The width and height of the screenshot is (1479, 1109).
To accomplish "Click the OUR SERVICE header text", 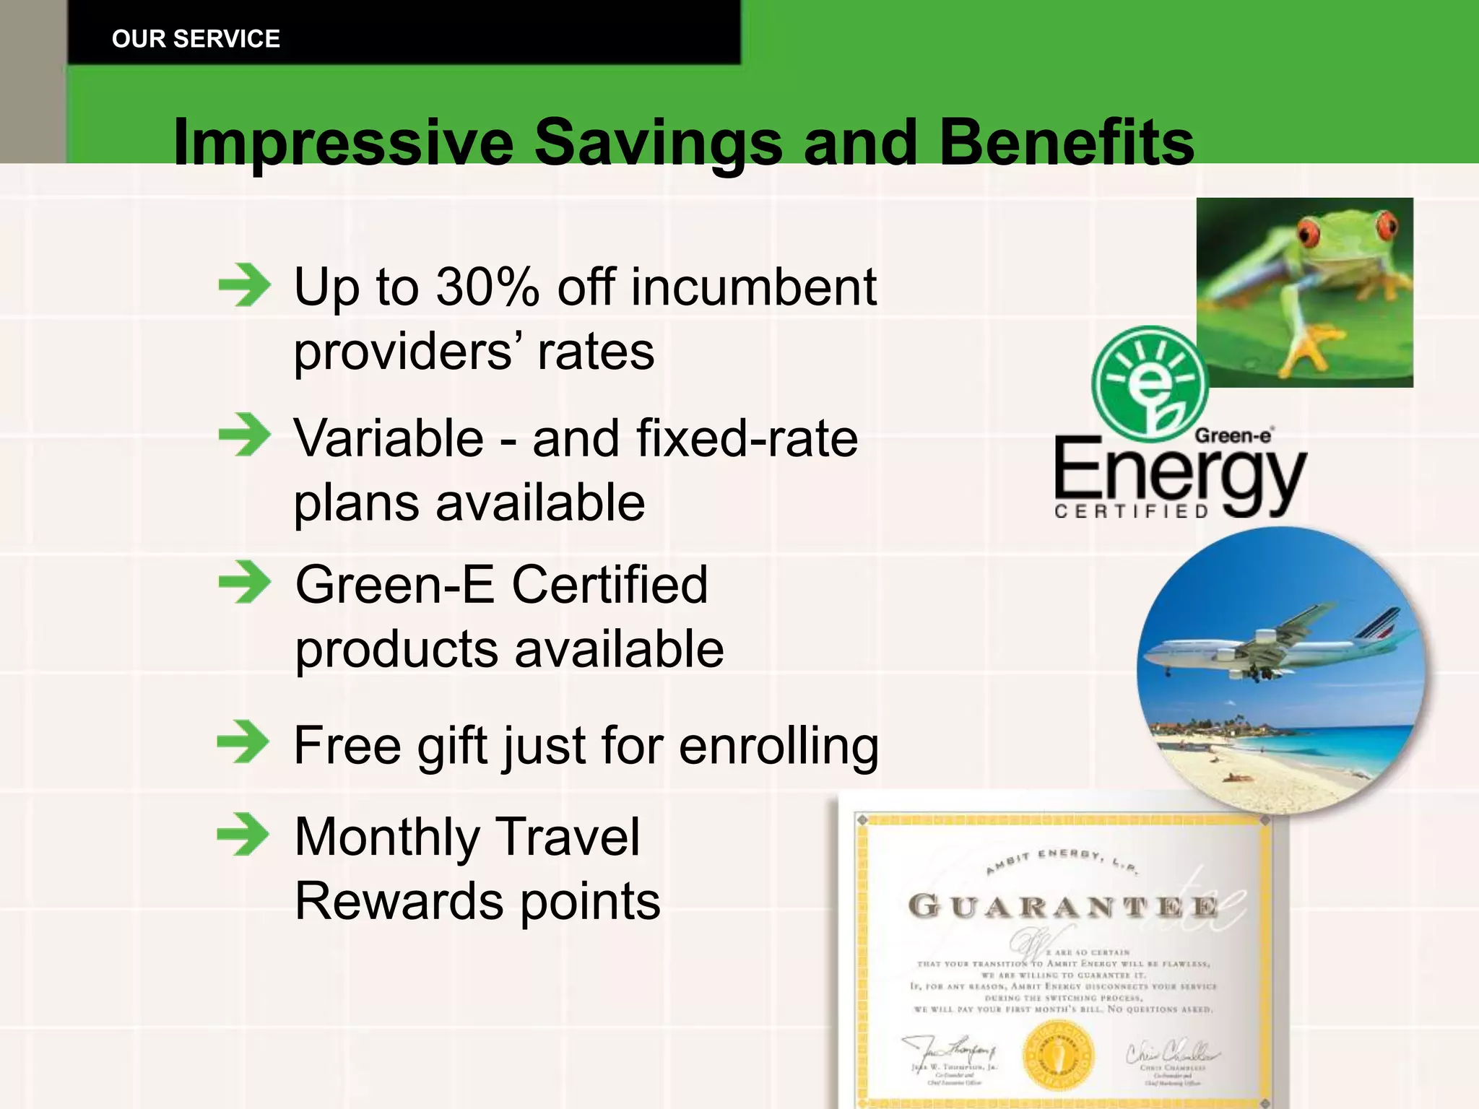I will (x=196, y=39).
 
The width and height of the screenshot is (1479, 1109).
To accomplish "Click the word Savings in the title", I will (x=658, y=142).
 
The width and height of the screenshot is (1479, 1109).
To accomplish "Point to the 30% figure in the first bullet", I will (x=487, y=287).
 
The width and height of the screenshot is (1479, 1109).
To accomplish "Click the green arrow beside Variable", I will (x=245, y=435).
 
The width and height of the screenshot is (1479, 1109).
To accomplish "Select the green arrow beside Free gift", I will (x=243, y=741).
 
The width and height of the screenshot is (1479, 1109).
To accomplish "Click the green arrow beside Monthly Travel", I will (x=243, y=834).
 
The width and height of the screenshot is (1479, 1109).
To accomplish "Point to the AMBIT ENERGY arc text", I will (x=1062, y=859).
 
